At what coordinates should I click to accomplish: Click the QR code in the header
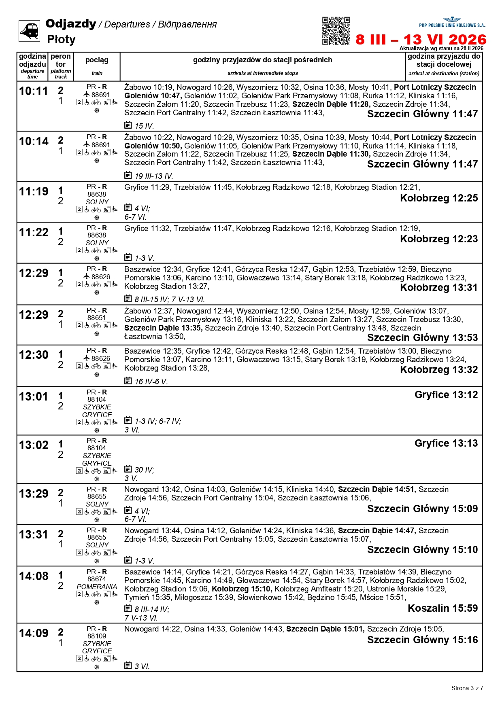(336, 31)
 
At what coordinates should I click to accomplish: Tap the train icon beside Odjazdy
(29, 31)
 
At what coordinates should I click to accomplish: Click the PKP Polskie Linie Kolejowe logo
(452, 22)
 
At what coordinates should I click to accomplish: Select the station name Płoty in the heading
(61, 39)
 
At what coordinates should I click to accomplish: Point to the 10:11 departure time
(34, 91)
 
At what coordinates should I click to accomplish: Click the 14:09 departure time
(34, 633)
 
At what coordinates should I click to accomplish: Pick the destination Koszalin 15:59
(442, 608)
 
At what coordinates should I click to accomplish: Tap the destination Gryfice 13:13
(446, 443)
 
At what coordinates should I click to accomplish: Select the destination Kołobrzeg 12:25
(439, 198)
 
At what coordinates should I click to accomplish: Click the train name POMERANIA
(97, 587)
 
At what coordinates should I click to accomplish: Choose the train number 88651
(97, 318)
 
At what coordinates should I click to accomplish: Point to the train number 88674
(97, 579)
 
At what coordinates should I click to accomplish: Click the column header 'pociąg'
(97, 60)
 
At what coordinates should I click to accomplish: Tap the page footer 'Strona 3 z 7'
(467, 688)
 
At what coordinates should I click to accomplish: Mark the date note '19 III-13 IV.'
(154, 176)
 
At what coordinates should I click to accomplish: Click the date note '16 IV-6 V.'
(151, 381)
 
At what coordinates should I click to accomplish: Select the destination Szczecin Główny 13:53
(422, 337)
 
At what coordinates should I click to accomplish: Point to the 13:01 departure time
(34, 396)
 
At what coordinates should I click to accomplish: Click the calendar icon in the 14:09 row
(128, 665)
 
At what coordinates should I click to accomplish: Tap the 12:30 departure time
(34, 355)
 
